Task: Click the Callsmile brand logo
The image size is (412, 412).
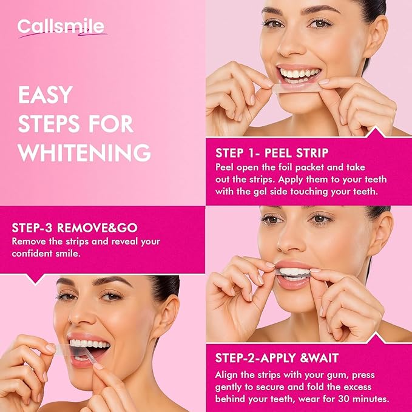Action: tap(61, 27)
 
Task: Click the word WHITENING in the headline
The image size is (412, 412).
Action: tap(84, 152)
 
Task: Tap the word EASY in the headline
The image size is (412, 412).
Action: tap(46, 95)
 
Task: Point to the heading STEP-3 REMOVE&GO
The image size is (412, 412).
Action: tap(75, 228)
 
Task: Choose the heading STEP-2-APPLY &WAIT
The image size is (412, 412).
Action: tap(277, 358)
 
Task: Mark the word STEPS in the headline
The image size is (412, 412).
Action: tap(49, 123)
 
